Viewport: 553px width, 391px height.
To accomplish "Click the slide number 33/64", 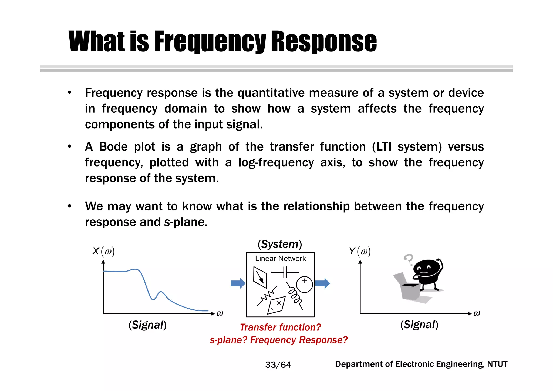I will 278,365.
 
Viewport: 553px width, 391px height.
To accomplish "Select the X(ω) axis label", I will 103,251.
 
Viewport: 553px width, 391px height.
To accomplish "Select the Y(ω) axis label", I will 360,251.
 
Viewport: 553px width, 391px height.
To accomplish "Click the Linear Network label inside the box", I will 280,259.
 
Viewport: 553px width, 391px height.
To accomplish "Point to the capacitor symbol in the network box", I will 285,272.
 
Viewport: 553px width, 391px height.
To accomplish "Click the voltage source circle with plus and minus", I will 304,285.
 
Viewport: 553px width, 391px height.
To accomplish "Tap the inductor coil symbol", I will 294,296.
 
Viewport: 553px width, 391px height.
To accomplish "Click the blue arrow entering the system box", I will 238,283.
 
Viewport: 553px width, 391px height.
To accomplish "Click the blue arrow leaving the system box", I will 322,283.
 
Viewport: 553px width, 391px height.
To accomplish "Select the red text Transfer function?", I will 280,327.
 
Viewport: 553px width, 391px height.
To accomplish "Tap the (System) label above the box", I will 280,244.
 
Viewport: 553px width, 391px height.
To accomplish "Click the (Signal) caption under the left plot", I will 147,325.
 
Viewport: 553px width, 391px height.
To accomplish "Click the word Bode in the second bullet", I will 113,147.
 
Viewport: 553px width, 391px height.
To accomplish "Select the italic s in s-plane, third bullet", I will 167,222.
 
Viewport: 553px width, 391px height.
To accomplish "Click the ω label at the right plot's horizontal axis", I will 477,313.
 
